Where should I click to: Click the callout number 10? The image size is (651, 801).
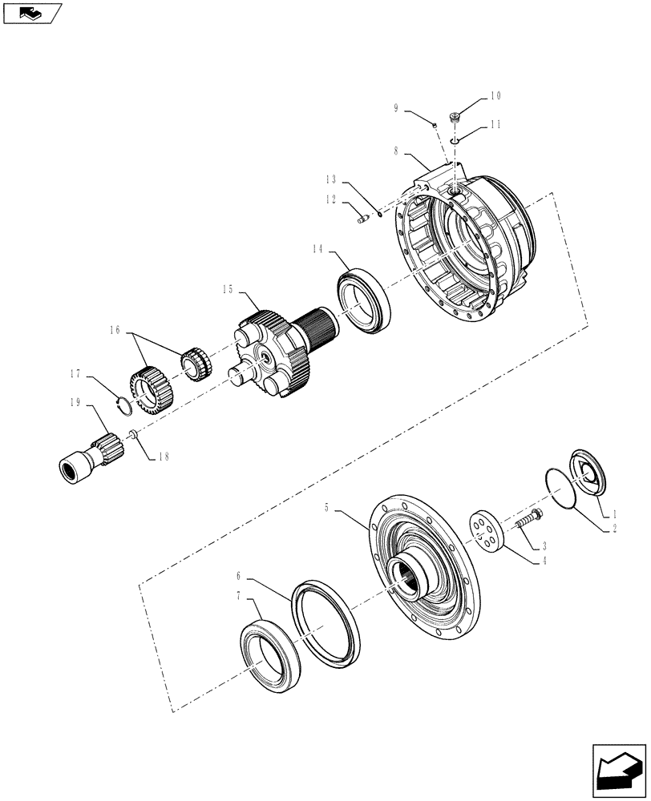[x=495, y=96]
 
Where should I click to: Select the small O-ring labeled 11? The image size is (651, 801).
[x=454, y=141]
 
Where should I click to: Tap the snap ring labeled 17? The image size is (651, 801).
[x=122, y=405]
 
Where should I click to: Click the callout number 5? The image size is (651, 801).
[x=327, y=508]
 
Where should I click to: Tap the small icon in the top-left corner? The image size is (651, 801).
[x=31, y=12]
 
